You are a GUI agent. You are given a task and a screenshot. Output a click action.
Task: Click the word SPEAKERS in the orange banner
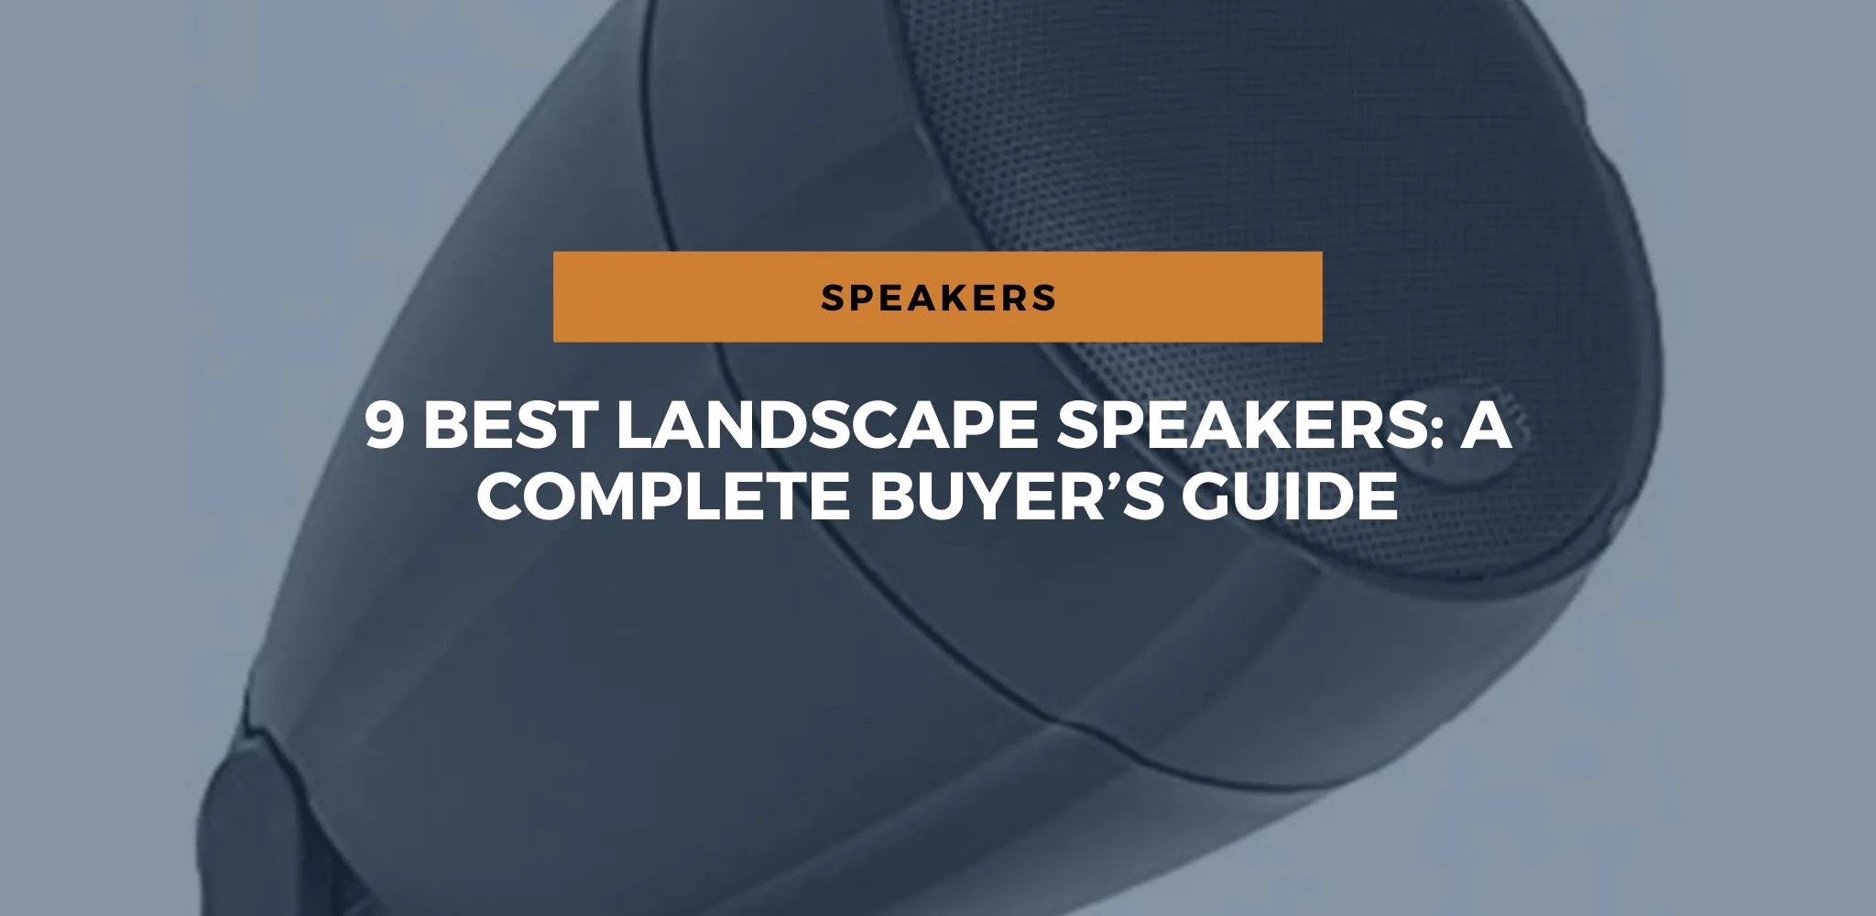pos(938,297)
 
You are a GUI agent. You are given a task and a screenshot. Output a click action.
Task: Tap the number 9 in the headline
pos(386,426)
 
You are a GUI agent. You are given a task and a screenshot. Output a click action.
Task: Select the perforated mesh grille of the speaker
pos(1282,183)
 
